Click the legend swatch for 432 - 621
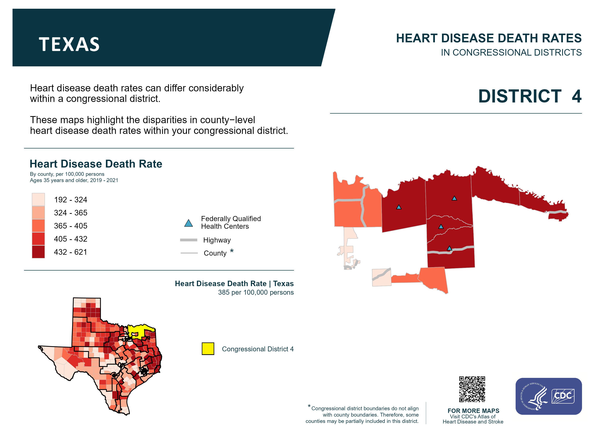pos(38,252)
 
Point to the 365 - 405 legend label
pos(71,226)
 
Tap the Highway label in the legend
pos(217,240)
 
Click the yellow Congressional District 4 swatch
pos(208,349)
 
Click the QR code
pos(472,389)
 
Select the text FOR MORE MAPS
pos(473,411)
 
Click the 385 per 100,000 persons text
pos(256,292)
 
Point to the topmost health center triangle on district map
pos(454,198)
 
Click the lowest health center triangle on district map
pos(449,248)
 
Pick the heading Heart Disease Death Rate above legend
pos(96,164)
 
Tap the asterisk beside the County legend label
pos(232,250)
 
